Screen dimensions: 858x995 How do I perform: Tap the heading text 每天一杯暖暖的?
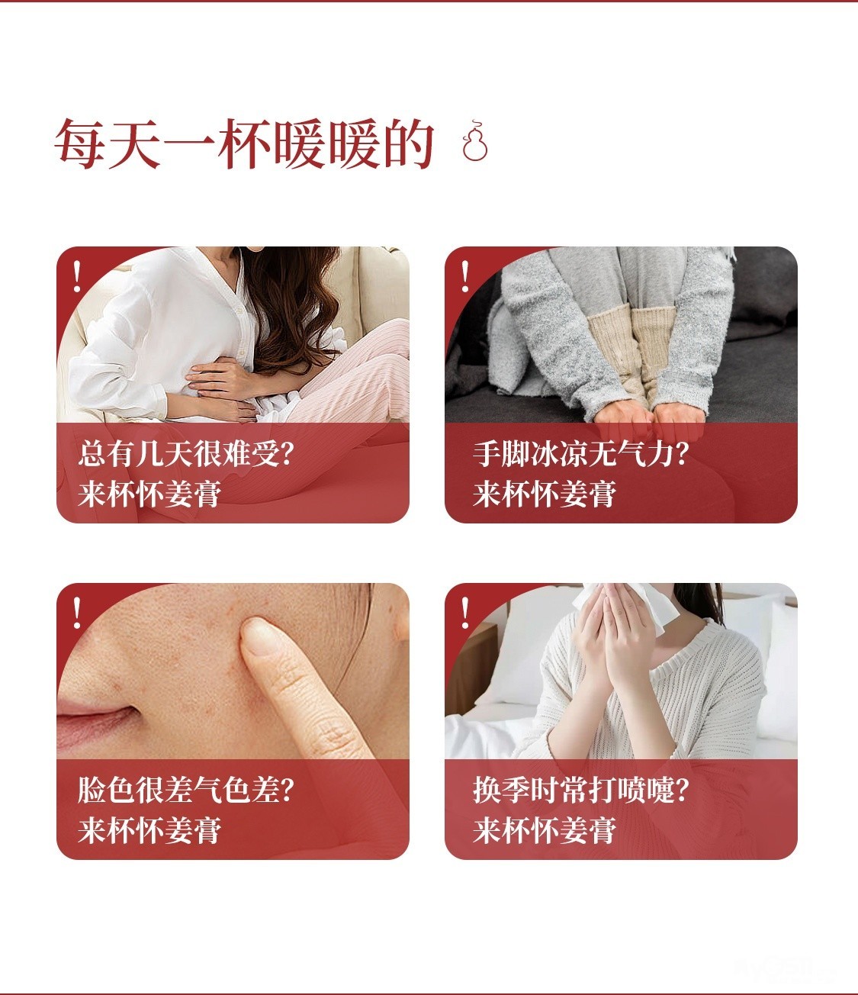click(245, 143)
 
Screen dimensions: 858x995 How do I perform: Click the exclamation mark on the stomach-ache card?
click(77, 276)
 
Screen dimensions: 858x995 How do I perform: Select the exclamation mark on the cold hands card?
click(465, 276)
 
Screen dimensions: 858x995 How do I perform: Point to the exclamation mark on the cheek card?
click(77, 613)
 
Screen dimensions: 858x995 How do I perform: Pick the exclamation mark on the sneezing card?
click(465, 613)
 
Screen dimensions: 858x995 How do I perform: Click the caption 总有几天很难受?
click(186, 453)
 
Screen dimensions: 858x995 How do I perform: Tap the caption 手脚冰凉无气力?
click(581, 453)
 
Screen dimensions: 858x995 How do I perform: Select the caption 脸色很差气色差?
click(186, 790)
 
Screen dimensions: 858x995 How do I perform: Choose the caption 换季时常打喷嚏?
click(581, 790)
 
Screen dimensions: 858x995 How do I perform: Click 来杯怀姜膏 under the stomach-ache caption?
click(149, 494)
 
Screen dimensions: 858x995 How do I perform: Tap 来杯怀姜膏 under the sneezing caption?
click(545, 830)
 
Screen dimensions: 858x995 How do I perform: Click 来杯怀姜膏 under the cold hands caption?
click(545, 494)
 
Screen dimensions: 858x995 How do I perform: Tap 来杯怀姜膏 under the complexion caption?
click(149, 830)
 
